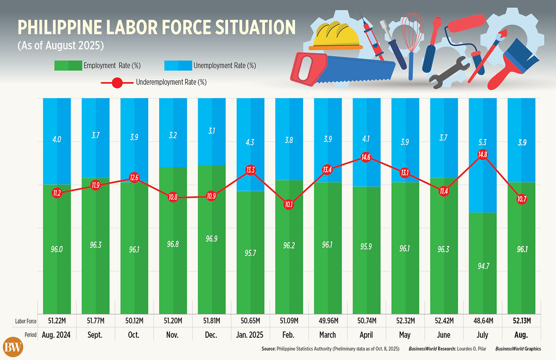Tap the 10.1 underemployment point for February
pyautogui.click(x=289, y=205)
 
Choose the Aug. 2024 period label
pyautogui.click(x=55, y=334)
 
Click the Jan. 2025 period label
pyautogui.click(x=250, y=334)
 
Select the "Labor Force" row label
pyautogui.click(x=26, y=321)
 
